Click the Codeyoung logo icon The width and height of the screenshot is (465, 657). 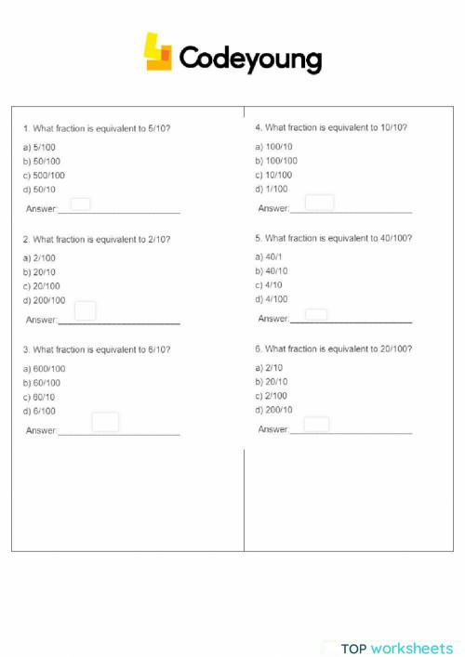(158, 53)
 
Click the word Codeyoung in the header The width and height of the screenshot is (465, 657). (249, 59)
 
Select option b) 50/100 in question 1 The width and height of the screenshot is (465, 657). (42, 161)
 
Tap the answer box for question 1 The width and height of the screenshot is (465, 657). (81, 204)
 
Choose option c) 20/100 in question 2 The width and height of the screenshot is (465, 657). (42, 286)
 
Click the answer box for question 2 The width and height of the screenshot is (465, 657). (86, 311)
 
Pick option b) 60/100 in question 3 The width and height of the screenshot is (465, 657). (42, 383)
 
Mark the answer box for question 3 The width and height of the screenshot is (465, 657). (105, 422)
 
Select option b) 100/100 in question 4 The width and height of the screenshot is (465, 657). (276, 161)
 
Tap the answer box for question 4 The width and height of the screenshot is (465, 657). (319, 203)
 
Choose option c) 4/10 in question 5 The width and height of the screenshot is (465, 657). (269, 285)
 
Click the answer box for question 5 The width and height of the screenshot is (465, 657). (316, 316)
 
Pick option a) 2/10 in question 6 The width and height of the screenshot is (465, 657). (269, 368)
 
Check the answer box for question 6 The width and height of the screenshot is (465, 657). (316, 425)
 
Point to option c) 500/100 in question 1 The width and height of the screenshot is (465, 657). (44, 175)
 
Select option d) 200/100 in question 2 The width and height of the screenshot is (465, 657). (44, 300)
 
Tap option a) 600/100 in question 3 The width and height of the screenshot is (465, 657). (44, 369)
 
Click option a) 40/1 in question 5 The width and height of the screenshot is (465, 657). (269, 257)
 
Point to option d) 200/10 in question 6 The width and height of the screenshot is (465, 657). (273, 410)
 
